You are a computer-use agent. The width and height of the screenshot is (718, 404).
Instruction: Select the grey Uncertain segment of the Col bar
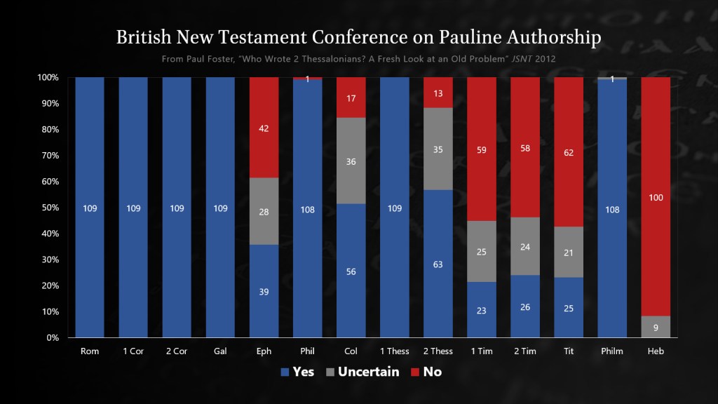click(x=351, y=161)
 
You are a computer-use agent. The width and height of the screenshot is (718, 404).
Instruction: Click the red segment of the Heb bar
click(x=656, y=196)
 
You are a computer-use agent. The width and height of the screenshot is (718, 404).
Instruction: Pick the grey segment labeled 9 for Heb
click(x=656, y=326)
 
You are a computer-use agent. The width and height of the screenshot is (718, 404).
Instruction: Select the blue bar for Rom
click(x=90, y=208)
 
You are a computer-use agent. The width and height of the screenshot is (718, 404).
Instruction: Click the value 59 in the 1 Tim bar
click(x=482, y=149)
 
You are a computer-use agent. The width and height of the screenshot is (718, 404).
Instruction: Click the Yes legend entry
click(x=297, y=372)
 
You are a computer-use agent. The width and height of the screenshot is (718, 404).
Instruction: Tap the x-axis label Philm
click(x=612, y=351)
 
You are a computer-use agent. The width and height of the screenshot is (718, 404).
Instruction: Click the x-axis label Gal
click(x=220, y=351)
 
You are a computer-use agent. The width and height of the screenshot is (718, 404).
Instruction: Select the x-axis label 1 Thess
click(x=395, y=351)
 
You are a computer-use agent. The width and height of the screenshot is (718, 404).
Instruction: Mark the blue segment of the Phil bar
click(x=307, y=208)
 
